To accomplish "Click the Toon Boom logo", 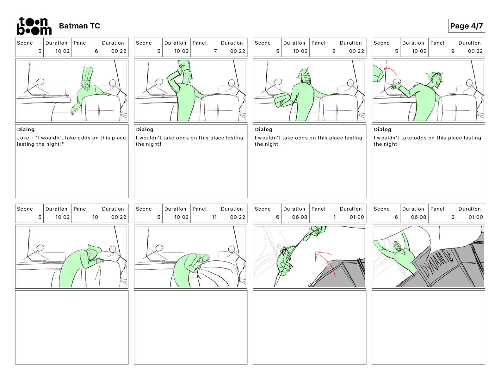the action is (x=34, y=26).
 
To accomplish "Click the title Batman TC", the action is (x=79, y=26).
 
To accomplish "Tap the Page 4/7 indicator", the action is (x=466, y=26).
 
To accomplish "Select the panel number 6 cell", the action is (x=96, y=51).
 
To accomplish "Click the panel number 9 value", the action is (x=453, y=51).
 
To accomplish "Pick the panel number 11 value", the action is (x=214, y=217).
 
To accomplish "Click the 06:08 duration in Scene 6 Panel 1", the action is (x=300, y=217).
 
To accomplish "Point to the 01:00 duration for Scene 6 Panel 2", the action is (x=475, y=217).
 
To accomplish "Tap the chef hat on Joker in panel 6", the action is (x=87, y=73).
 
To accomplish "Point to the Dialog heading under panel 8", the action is (x=263, y=129).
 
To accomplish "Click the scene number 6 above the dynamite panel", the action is (x=396, y=217).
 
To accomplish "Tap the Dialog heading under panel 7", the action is (x=145, y=129).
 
